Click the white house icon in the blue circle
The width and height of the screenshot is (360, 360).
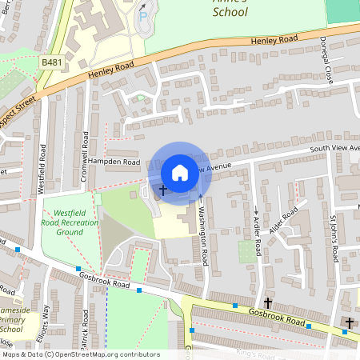coord(180,172)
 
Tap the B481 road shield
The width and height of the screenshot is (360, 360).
coord(51,62)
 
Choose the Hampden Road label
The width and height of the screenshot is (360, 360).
coord(114,162)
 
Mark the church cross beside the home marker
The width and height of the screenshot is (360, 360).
coord(163,190)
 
